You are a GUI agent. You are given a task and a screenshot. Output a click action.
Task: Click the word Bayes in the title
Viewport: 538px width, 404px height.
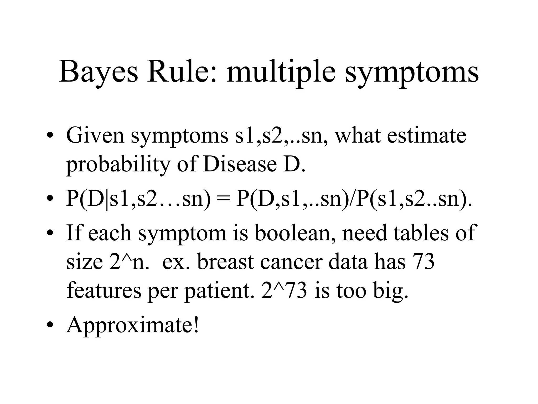98,72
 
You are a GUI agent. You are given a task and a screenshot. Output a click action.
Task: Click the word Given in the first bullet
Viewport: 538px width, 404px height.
95,136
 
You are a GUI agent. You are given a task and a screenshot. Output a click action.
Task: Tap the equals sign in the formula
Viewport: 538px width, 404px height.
223,199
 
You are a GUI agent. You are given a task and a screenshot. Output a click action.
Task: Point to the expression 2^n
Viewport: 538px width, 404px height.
129,262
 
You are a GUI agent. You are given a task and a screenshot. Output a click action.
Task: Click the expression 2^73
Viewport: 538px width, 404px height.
284,291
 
